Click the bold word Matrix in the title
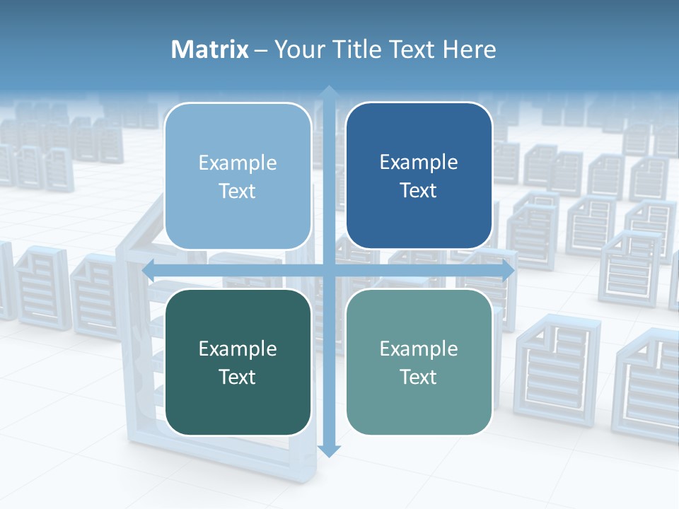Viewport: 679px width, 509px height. pyautogui.click(x=210, y=49)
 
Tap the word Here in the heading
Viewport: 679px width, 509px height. pyautogui.click(x=469, y=49)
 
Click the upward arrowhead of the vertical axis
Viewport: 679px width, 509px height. pyautogui.click(x=329, y=92)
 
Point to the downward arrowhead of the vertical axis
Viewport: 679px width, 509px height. pyautogui.click(x=329, y=450)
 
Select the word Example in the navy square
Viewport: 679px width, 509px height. pyautogui.click(x=419, y=163)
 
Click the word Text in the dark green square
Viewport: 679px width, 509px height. pyautogui.click(x=238, y=377)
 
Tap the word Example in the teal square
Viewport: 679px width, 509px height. pyautogui.click(x=419, y=349)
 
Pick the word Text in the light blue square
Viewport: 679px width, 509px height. pyautogui.click(x=238, y=191)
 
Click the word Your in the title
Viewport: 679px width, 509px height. pyautogui.click(x=296, y=49)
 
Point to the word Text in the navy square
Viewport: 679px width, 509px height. pyautogui.click(x=419, y=190)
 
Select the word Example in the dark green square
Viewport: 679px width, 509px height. pyautogui.click(x=238, y=349)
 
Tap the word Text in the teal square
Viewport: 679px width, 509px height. pyautogui.click(x=419, y=377)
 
